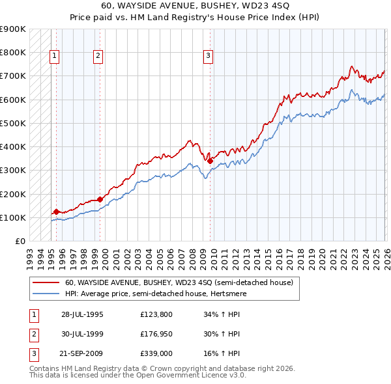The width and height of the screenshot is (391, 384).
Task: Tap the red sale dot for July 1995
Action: pos(57,212)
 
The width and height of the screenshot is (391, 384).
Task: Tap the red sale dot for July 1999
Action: pos(100,199)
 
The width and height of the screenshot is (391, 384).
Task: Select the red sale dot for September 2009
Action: pos(210,161)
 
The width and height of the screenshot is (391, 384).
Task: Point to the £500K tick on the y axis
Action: pos(12,123)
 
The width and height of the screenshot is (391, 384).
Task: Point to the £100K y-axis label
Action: pos(12,217)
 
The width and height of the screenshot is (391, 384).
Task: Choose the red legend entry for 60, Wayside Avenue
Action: pos(179,283)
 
